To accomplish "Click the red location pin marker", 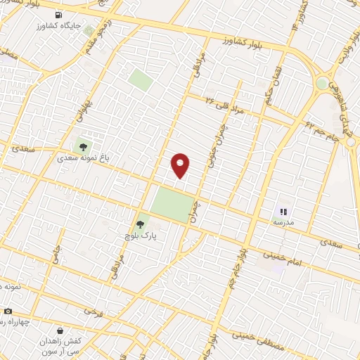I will coord(181,165).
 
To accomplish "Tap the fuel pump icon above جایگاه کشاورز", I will coord(57,15).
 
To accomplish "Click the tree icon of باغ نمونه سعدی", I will coord(84,146).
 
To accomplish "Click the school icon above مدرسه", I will coord(283,210).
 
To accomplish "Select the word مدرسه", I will coord(283,221).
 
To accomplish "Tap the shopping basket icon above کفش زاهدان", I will coord(59,329).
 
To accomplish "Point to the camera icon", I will coord(8,311).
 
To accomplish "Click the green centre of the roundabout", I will coord(322,83).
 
